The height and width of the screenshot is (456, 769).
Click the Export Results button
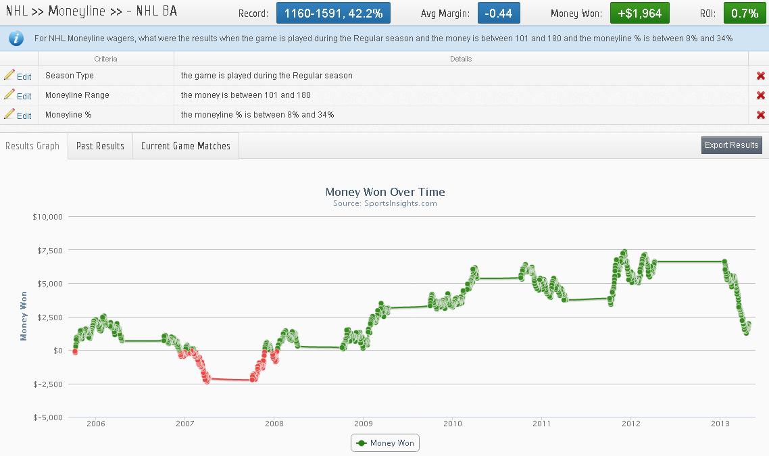coord(732,145)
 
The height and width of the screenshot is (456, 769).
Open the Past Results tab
coord(100,146)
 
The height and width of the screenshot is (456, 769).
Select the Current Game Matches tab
coord(186,146)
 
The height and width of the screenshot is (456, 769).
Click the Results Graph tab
coord(32,146)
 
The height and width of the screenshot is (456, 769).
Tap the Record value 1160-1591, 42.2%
coord(333,13)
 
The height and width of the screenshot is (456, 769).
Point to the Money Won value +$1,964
coord(639,13)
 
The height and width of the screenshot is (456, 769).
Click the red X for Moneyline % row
coord(761,115)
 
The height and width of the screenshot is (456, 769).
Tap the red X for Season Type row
coord(761,76)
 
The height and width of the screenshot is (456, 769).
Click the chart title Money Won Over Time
coord(385,192)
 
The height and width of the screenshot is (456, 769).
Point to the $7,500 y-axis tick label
coord(47,250)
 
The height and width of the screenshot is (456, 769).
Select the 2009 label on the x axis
coord(364,424)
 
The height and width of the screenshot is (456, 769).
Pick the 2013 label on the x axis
coord(720,424)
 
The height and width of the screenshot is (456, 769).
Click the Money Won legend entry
coord(385,443)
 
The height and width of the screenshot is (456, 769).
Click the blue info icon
coord(16,39)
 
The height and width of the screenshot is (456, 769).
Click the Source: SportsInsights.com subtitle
coord(385,203)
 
